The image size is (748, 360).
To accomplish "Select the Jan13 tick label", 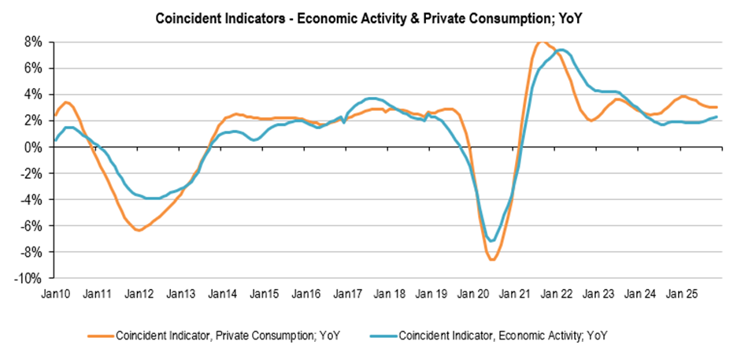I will point(180,294).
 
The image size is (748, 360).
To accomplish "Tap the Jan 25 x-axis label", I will point(682,294).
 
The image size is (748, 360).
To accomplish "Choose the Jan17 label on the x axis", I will point(347,294).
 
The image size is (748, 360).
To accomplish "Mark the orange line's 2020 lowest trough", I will point(492,260).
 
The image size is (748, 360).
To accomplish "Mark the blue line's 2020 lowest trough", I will point(492,241).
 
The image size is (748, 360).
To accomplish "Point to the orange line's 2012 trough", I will point(139,230).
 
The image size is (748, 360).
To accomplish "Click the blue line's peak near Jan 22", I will point(561,50).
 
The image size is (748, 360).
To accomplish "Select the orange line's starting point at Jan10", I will point(55,116).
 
